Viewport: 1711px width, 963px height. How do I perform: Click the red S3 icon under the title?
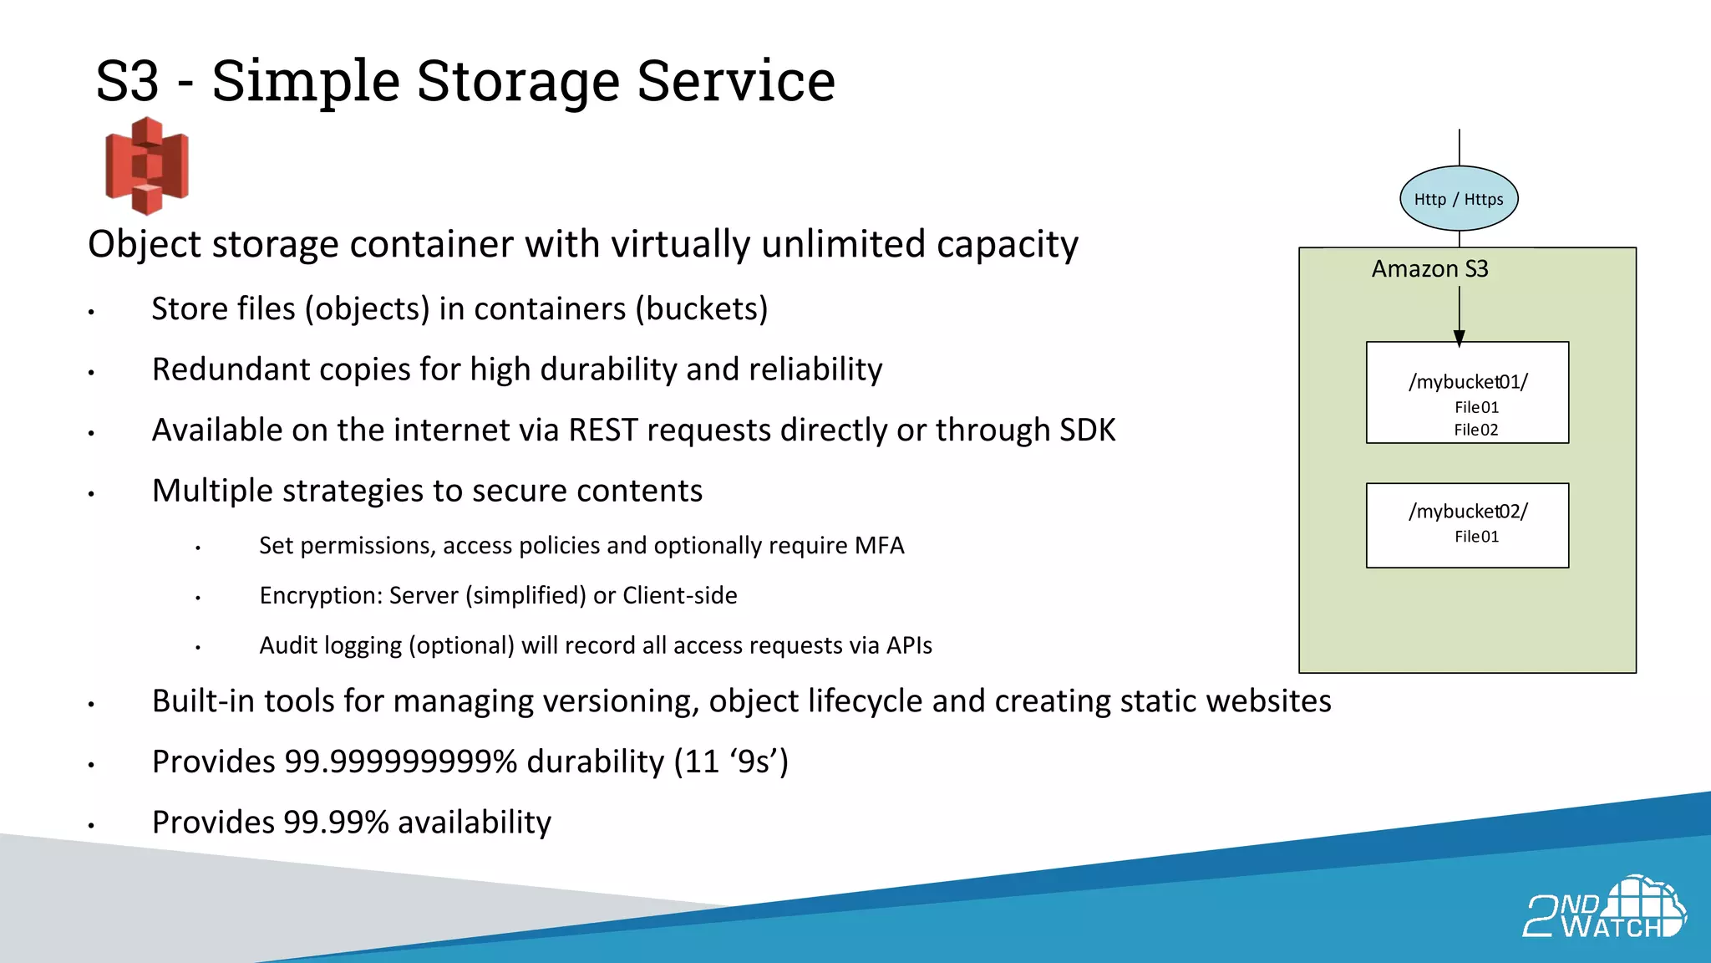coord(147,166)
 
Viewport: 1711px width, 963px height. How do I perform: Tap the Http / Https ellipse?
coord(1459,199)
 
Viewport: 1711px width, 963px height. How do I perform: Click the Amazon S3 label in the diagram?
coord(1429,269)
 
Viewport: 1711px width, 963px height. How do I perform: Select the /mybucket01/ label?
coord(1468,382)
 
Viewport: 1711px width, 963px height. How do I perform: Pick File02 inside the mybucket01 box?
coord(1476,430)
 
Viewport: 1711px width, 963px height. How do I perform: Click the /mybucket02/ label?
coord(1468,512)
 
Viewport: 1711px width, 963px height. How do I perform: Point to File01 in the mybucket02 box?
coord(1476,537)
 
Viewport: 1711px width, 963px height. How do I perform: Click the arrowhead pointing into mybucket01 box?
coord(1459,338)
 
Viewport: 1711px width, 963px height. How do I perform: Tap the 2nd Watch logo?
coord(1604,909)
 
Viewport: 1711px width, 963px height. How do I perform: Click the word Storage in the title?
coord(519,81)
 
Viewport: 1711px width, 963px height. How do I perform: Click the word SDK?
coord(1087,431)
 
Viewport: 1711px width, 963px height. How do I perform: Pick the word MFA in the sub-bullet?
coord(879,546)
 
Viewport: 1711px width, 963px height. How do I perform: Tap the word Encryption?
coord(321,596)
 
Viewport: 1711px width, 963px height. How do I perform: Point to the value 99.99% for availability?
coord(336,823)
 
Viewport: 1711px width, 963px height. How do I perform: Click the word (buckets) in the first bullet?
coord(701,309)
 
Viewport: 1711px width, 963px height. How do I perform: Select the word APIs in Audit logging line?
coord(909,645)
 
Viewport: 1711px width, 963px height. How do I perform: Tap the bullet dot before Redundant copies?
coord(91,373)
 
